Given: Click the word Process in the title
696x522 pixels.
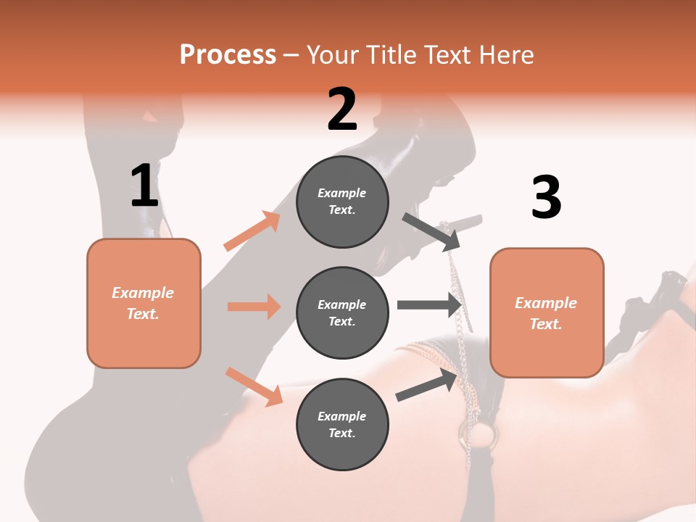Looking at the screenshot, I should tap(228, 54).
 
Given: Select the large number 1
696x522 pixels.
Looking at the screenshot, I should tap(144, 186).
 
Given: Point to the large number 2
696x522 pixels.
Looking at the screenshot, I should tap(342, 109).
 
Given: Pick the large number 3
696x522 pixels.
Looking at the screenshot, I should tap(547, 197).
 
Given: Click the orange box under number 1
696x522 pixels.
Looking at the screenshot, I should tap(144, 303).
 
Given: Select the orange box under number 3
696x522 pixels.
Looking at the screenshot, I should tap(547, 312).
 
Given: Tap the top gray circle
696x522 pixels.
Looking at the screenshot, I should tap(342, 202).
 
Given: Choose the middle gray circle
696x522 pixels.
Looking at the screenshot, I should tap(342, 312).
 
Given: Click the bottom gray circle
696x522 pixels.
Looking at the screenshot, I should tap(342, 424).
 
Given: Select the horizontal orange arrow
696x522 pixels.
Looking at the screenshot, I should tap(254, 307).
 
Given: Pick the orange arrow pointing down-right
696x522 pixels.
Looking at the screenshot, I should tap(254, 386).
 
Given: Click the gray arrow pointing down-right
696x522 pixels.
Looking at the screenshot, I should tap(431, 231).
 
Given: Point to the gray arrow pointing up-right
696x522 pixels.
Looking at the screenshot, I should tap(427, 384).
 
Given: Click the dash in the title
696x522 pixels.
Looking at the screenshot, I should tap(291, 55).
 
